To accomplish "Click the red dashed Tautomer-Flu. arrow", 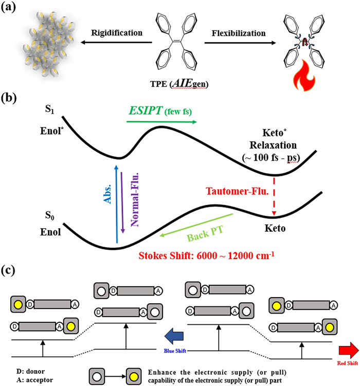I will click(274, 198).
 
